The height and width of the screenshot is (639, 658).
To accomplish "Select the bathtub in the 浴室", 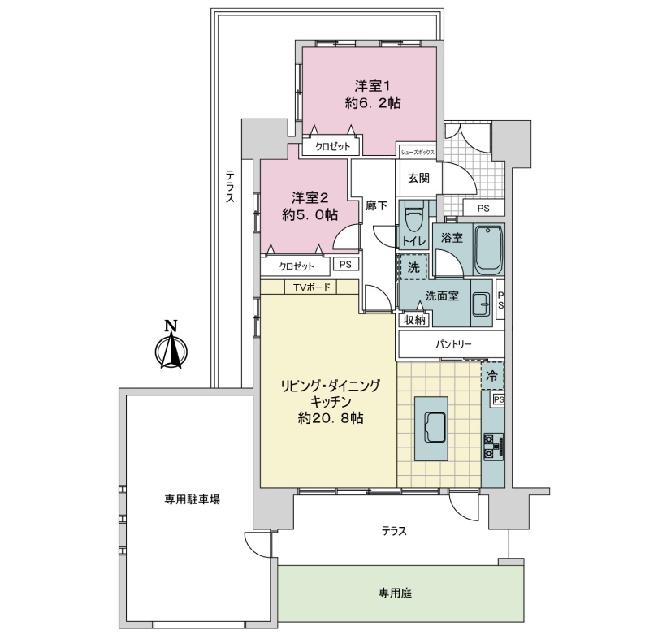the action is pyautogui.click(x=489, y=248).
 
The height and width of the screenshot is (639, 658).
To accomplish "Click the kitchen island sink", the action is pyautogui.click(x=431, y=427).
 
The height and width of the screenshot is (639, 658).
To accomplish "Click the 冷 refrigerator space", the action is pyautogui.click(x=492, y=376).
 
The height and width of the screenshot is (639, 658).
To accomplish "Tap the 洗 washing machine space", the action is pyautogui.click(x=413, y=267).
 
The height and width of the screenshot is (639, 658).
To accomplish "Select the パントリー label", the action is pyautogui.click(x=452, y=344).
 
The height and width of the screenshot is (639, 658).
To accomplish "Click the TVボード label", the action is pyautogui.click(x=312, y=287).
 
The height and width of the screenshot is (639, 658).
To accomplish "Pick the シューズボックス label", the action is pyautogui.click(x=417, y=153).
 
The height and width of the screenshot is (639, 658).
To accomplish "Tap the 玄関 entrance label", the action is pyautogui.click(x=419, y=178).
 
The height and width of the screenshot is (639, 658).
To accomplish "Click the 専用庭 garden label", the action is pyautogui.click(x=396, y=593).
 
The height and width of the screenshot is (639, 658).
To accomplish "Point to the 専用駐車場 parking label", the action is pyautogui.click(x=193, y=499).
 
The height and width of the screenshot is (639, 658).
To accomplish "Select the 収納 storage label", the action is pyautogui.click(x=414, y=320).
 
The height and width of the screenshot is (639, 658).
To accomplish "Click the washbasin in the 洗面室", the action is pyautogui.click(x=481, y=303).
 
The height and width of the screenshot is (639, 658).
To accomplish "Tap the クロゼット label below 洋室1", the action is pyautogui.click(x=332, y=146).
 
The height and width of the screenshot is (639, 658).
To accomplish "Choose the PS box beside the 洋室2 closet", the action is pyautogui.click(x=346, y=265).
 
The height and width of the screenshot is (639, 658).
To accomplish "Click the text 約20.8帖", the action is pyautogui.click(x=331, y=418).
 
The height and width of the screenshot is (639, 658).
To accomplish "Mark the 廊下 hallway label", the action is pyautogui.click(x=377, y=205).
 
